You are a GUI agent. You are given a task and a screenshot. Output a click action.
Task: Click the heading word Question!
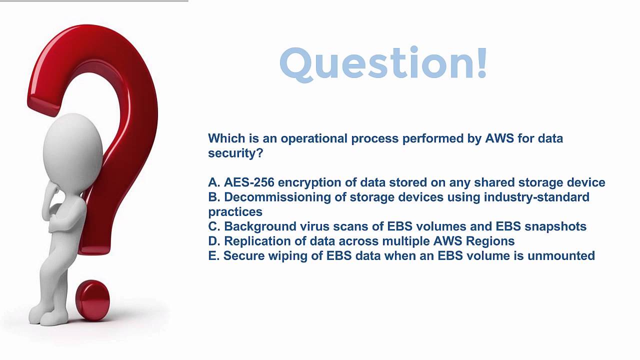[x=383, y=63]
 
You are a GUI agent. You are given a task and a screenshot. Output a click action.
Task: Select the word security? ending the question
[x=235, y=153]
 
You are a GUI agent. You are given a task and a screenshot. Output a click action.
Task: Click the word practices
[x=235, y=212]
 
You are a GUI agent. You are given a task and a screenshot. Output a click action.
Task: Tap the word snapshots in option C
[x=555, y=226]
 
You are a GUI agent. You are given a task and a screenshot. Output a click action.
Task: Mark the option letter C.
[x=213, y=226]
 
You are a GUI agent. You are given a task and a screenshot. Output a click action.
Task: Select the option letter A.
[x=213, y=182]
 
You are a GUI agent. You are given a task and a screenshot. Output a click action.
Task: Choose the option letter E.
[x=212, y=255]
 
